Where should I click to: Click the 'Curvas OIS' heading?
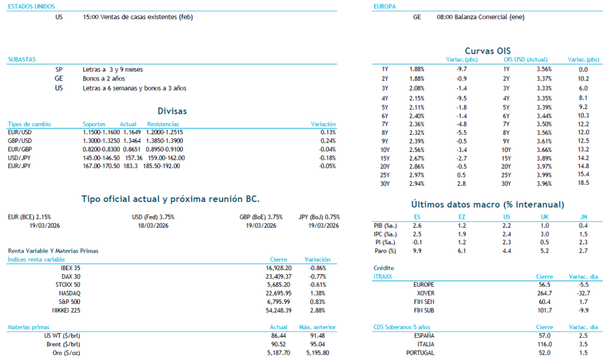pos(487,51)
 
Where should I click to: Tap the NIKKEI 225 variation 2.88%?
pos(318,311)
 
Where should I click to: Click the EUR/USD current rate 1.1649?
pos(129,132)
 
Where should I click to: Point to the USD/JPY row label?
pos(19,157)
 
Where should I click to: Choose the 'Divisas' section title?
pos(172,111)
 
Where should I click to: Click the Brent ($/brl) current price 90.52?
pos(280,345)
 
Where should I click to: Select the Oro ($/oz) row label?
pos(67,353)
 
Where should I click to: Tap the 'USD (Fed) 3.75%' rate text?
pos(153,217)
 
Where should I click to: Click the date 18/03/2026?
pos(153,225)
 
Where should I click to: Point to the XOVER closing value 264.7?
pos(544,293)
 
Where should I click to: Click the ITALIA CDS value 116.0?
pos(544,345)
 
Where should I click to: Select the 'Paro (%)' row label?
pos(379,251)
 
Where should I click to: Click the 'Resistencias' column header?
pos(163,123)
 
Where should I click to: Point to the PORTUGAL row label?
pos(420,353)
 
